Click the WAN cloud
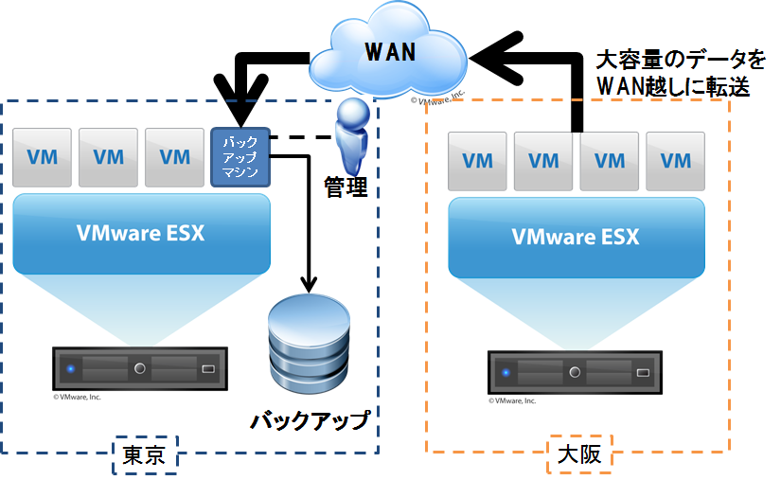tap(391, 52)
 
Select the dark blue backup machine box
tap(240, 156)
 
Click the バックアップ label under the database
tap(310, 419)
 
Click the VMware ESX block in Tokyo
tap(140, 233)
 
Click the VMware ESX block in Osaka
tap(576, 237)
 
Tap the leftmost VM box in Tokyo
tap(43, 156)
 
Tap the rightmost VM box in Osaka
tap(676, 160)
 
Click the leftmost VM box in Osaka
tap(477, 160)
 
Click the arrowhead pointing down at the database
tap(308, 281)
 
